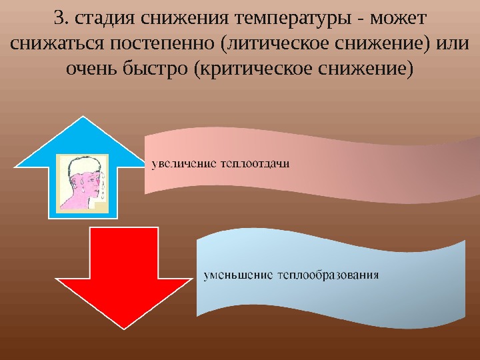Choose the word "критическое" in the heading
255,68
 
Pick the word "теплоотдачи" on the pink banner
254,163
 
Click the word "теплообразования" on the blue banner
329,274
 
